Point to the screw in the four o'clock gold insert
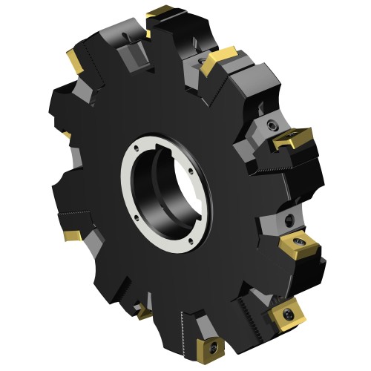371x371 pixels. click(x=302, y=242)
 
